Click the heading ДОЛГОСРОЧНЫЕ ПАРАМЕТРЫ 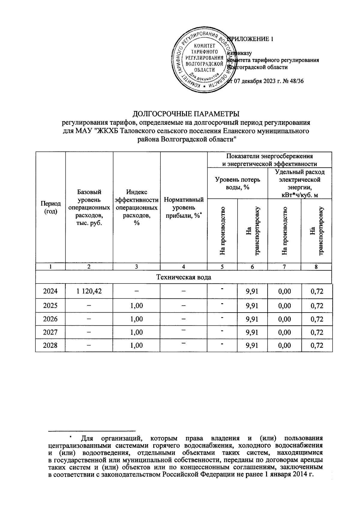tap(186, 114)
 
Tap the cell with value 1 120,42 tap(89, 291)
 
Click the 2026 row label tap(50, 319)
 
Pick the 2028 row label tap(50, 345)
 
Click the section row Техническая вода tap(184, 277)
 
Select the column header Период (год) tap(50, 207)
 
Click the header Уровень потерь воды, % tap(237, 183)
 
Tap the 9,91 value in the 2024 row tap(252, 291)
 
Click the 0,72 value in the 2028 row tap(317, 345)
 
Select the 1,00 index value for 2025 tap(136, 306)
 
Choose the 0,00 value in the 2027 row tap(284, 332)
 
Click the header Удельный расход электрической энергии tap(299, 183)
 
